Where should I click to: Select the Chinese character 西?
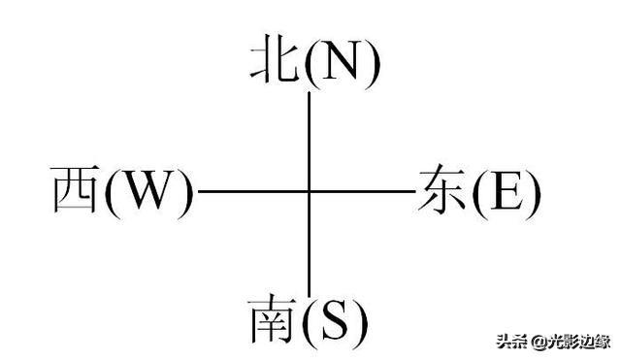click(76, 189)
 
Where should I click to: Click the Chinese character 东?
click(441, 189)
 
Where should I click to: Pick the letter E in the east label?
click(507, 190)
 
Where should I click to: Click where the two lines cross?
click(309, 191)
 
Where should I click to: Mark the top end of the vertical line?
click(309, 92)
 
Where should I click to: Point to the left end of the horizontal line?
click(198, 191)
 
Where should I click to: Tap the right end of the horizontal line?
click(415, 191)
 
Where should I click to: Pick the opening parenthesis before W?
click(113, 192)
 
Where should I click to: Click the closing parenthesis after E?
click(533, 192)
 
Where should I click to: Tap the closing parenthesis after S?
click(360, 321)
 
